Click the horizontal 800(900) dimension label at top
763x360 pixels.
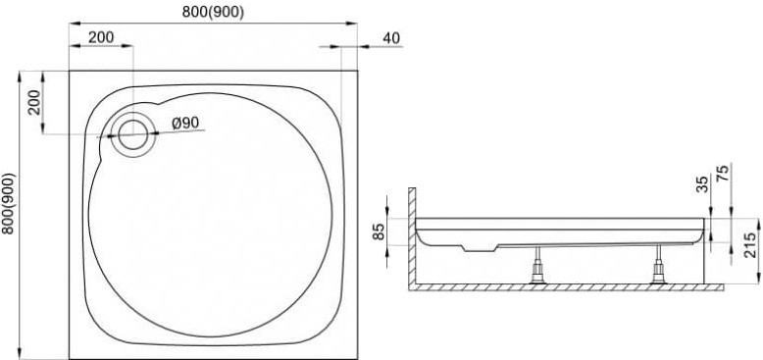pos(213,13)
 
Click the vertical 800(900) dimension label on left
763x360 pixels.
pos(9,204)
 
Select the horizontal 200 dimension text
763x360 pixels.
pos(101,37)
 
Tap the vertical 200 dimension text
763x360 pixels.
pos(35,102)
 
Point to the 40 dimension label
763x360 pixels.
pos(391,38)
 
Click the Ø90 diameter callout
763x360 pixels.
pos(185,123)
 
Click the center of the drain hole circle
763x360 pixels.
pos(132,134)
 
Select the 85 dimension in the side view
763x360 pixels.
pos(378,231)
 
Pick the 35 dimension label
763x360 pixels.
pos(702,184)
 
